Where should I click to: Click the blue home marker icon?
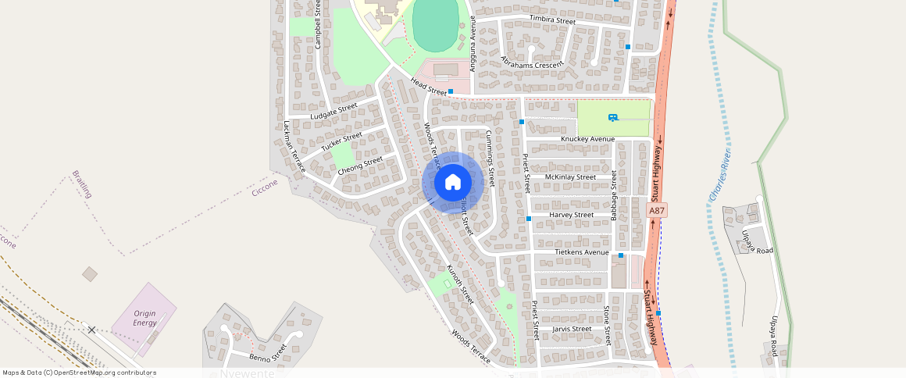pos(452,183)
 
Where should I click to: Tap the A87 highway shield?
pos(658,211)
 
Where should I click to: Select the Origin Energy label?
pos(144,318)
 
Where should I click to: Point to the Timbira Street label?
pos(552,20)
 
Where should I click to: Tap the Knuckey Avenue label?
pos(588,139)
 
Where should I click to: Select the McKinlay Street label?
pos(570,177)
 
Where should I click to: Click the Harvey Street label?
pos(572,215)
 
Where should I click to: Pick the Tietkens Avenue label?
pos(581,252)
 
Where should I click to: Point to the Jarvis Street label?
pos(572,329)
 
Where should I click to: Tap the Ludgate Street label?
pos(334,111)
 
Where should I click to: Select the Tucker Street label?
pos(341,141)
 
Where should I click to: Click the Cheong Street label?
pos(360,165)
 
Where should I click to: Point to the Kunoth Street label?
pos(460,284)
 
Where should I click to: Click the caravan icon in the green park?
pos(613,117)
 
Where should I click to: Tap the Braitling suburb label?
pos(82,184)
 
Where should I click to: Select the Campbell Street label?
pos(318,25)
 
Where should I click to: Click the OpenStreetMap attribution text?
pos(79,373)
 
